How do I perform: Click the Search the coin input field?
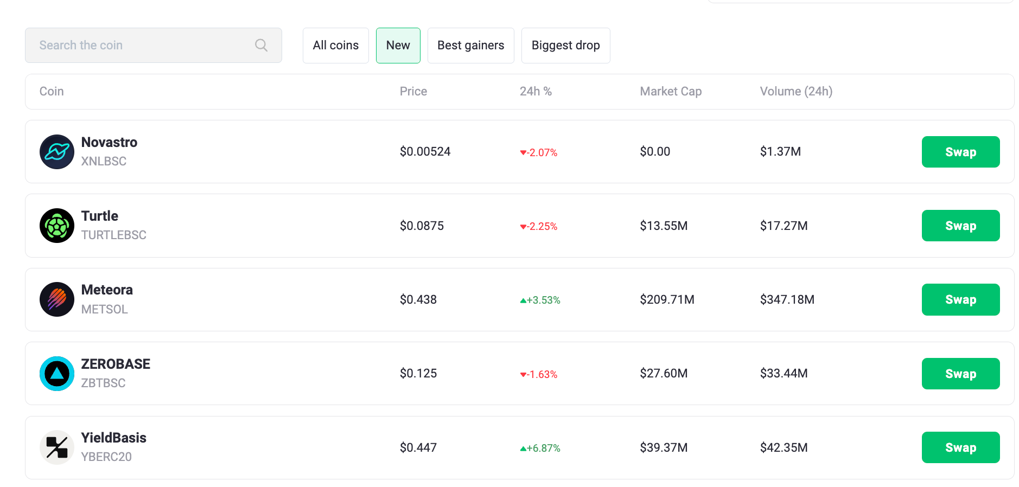[141, 46]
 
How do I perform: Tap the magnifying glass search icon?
[261, 46]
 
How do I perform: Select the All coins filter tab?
[335, 46]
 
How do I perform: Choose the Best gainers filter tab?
[470, 46]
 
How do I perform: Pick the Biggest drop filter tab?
[565, 46]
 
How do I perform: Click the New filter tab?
[398, 46]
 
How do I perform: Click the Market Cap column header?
[671, 92]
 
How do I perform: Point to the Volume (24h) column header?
[796, 92]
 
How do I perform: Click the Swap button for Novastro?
[960, 152]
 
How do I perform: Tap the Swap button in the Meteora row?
[960, 299]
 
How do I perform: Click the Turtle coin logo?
[57, 226]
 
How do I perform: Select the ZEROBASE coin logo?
[57, 374]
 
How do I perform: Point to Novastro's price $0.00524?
[425, 152]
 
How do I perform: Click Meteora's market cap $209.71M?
[667, 299]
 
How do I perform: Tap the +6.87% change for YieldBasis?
[540, 448]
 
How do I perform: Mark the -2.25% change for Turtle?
[539, 226]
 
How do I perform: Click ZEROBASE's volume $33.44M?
[784, 373]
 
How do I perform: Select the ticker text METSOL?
[105, 309]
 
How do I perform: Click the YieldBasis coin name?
[114, 438]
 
